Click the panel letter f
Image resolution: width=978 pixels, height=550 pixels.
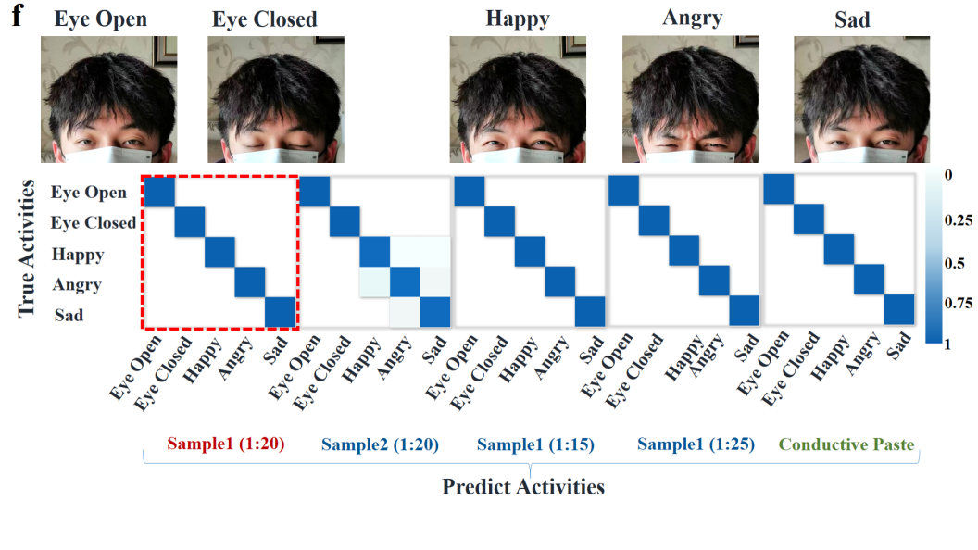click(17, 17)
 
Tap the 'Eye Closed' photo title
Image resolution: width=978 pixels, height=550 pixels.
click(264, 19)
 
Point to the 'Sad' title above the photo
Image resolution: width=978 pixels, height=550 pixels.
click(852, 19)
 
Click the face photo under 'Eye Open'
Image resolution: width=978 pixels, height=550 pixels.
click(108, 100)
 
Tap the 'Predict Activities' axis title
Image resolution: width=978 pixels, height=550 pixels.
click(522, 486)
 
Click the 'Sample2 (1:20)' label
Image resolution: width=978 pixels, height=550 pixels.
click(381, 444)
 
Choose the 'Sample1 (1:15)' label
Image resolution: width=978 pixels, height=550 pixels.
click(536, 444)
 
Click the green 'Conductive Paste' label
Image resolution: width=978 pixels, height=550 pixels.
click(846, 444)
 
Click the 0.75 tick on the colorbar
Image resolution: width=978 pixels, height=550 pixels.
click(958, 303)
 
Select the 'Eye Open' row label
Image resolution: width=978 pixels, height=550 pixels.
click(89, 193)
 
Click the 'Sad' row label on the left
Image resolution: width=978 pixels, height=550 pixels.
click(69, 315)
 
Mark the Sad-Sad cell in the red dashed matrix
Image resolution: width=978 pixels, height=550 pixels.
click(281, 313)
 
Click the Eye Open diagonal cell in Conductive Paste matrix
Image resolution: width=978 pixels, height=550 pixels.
click(778, 189)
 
